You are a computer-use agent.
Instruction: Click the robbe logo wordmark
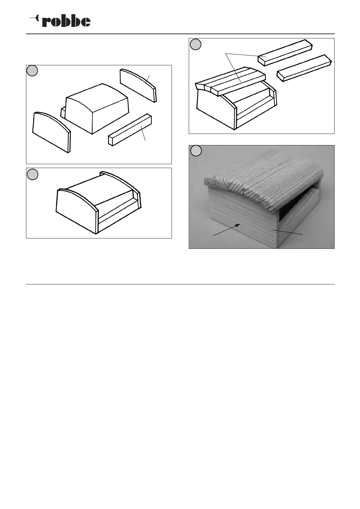[x=66, y=21]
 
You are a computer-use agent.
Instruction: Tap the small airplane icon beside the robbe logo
[x=34, y=18]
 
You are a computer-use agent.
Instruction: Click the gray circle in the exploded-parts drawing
[x=32, y=71]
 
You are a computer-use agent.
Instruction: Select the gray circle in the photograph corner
[x=196, y=151]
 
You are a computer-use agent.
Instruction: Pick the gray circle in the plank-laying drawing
[x=195, y=44]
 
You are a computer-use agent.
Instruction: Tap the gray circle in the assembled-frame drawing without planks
[x=32, y=174]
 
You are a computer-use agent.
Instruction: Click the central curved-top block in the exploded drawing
[x=97, y=109]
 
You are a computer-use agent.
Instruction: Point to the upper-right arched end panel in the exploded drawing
[x=138, y=85]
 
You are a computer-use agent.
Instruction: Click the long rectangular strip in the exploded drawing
[x=130, y=130]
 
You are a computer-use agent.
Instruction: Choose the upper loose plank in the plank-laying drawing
[x=285, y=53]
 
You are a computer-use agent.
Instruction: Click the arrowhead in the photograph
[x=238, y=225]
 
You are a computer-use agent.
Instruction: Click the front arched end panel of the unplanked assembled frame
[x=77, y=210]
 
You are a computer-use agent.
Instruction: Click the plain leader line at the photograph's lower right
[x=288, y=232]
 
